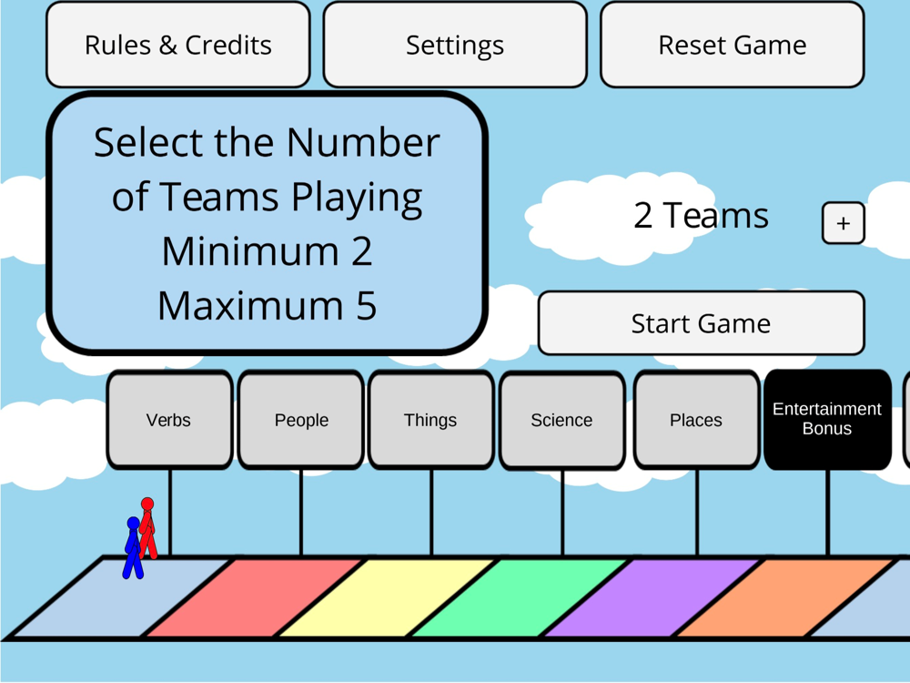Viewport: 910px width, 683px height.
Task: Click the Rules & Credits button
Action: click(x=177, y=45)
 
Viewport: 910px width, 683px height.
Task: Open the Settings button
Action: click(x=454, y=45)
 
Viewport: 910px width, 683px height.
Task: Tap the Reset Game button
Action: click(x=732, y=45)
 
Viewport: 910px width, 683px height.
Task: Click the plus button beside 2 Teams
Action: click(x=843, y=223)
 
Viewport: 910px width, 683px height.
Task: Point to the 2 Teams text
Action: click(x=701, y=216)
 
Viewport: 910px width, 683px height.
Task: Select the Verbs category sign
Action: click(x=169, y=420)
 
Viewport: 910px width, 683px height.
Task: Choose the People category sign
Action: click(x=301, y=420)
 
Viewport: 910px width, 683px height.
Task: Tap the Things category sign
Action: click(x=430, y=420)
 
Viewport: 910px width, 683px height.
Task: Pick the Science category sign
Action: click(x=561, y=420)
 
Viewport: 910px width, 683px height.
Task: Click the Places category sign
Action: click(x=696, y=420)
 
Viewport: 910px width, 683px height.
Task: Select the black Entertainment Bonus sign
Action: click(x=827, y=419)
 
